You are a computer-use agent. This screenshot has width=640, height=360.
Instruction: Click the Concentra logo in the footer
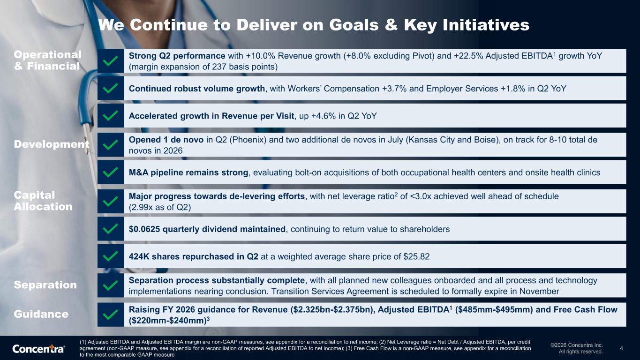[38, 349]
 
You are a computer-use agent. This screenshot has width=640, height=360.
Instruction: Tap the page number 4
[621, 348]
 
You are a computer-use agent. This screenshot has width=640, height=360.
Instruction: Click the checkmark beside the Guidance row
[110, 315]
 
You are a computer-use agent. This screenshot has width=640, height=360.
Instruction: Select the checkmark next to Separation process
[110, 285]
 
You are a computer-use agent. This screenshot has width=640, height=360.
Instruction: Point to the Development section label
[52, 144]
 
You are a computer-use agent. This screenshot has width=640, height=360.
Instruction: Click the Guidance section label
[41, 314]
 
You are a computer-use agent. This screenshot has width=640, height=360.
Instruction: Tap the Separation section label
[45, 285]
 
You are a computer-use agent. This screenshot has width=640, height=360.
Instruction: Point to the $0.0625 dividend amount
[144, 229]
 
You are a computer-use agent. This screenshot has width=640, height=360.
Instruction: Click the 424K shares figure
[139, 256]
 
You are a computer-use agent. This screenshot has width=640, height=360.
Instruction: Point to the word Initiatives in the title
[486, 25]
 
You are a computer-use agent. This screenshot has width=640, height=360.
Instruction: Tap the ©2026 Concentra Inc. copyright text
[577, 345]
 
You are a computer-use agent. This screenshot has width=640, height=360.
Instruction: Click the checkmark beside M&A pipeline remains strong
[110, 172]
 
